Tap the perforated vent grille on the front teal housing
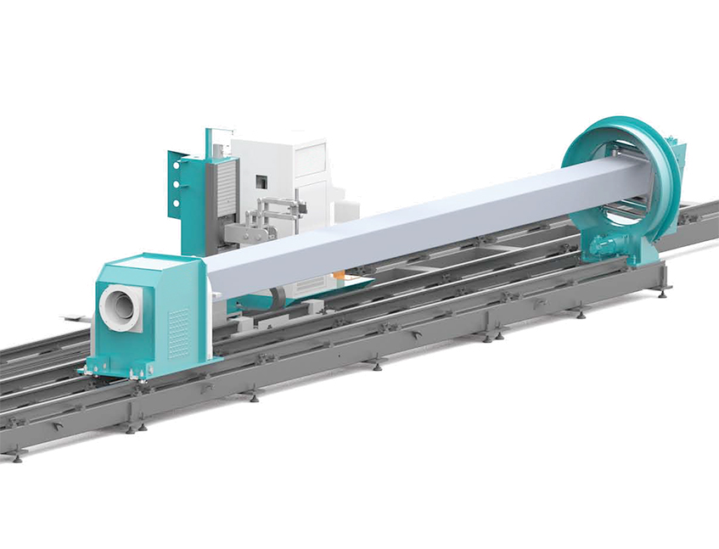[x=179, y=331]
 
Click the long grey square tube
[x=407, y=225]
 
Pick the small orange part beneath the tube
[x=340, y=276]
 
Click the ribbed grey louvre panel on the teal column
[x=224, y=186]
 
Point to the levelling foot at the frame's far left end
[x=14, y=457]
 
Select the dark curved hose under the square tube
[x=280, y=296]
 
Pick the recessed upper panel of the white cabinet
[x=311, y=158]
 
